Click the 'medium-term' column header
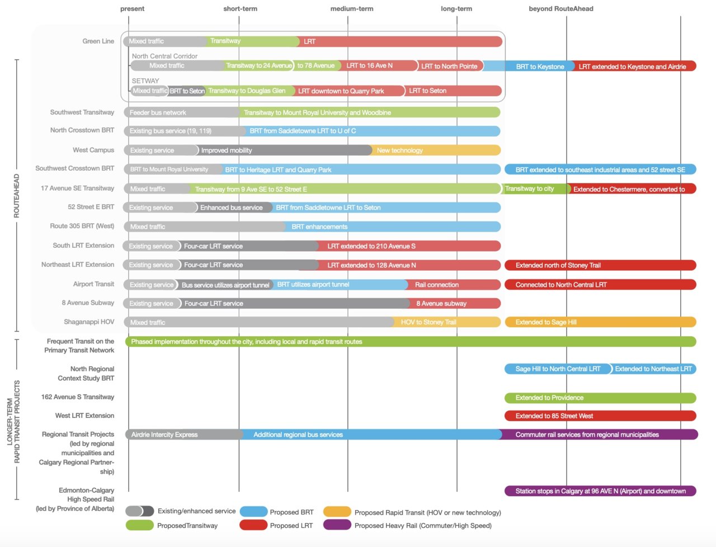coord(351,9)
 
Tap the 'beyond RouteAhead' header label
coord(560,9)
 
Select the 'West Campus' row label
coord(93,150)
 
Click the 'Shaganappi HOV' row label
coord(89,322)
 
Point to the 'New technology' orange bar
coord(436,150)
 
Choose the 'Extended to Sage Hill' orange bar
coord(600,322)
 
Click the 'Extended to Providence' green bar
coord(600,398)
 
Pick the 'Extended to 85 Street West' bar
coord(600,416)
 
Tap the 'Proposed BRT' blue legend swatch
coord(253,512)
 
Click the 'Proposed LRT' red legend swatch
coord(253,525)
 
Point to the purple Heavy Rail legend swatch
coord(337,525)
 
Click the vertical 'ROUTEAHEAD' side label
coord(16,196)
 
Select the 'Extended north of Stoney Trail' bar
coord(600,265)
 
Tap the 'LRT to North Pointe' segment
coord(449,66)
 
